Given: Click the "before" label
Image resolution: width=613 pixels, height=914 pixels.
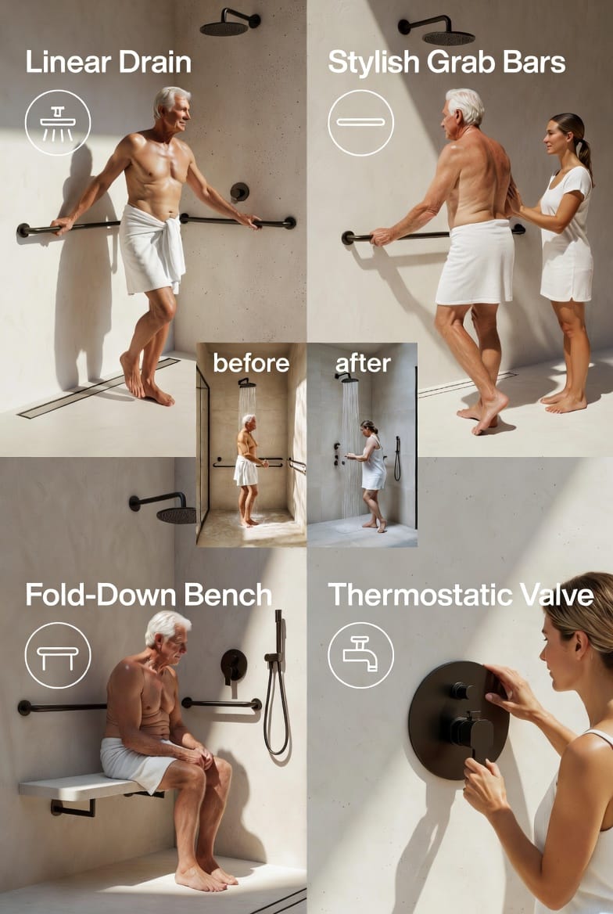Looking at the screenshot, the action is [251, 363].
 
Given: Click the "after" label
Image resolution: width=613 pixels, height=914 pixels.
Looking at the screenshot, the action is [363, 363].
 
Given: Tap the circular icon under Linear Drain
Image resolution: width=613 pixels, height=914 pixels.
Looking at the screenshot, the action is [58, 122].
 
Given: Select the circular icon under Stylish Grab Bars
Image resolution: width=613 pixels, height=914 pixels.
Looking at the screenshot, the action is [360, 122].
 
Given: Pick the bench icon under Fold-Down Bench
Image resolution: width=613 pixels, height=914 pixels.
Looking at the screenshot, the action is [58, 655].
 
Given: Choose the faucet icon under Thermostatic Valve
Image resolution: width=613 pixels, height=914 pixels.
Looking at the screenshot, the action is [360, 655].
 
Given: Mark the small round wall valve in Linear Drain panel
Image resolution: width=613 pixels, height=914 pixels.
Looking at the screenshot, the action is [239, 192].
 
